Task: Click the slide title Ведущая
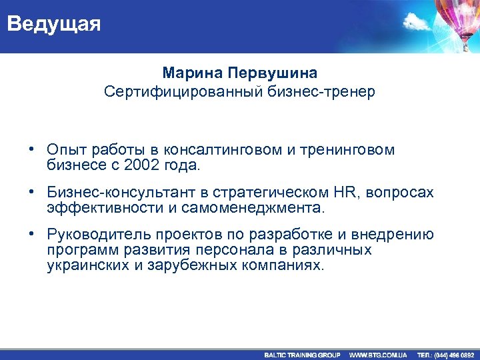click(x=54, y=25)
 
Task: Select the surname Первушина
click(x=273, y=72)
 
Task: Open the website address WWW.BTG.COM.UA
click(x=378, y=355)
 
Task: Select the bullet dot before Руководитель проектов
click(x=31, y=235)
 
